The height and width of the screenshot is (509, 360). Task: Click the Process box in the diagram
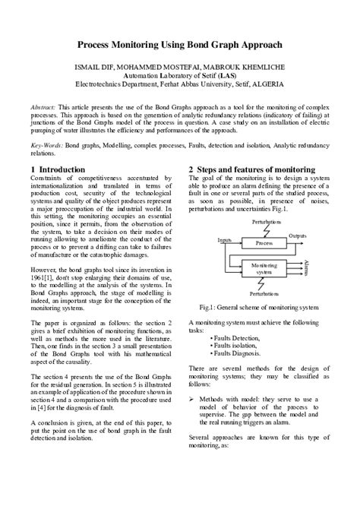click(264, 222)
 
